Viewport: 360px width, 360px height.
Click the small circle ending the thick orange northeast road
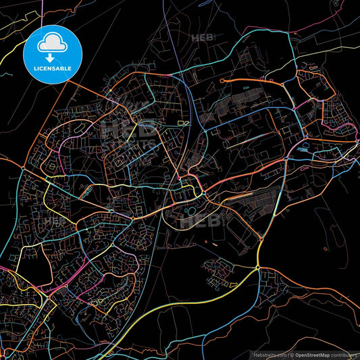[x=224, y=80]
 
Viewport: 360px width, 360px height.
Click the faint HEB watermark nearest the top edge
[x=203, y=38]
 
